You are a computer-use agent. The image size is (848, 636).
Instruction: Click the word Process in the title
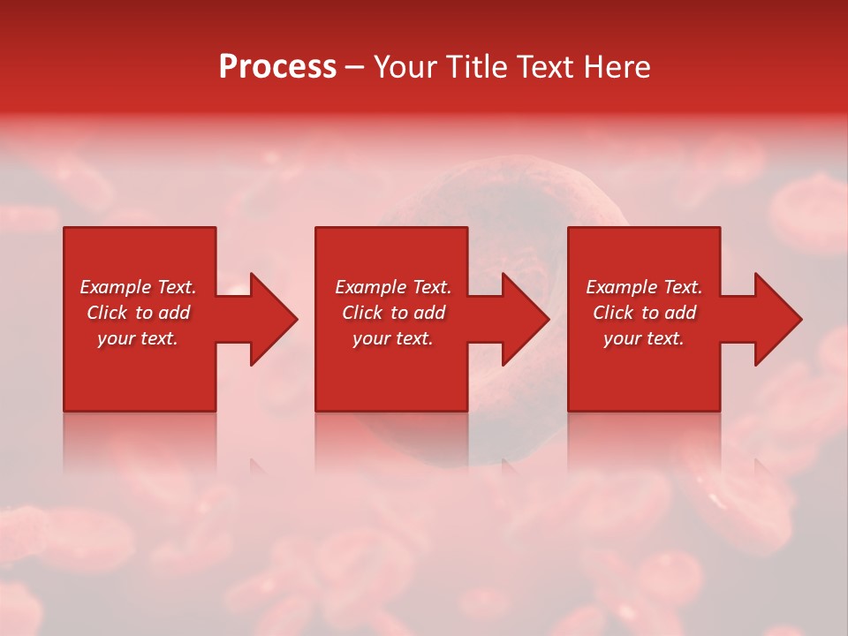click(277, 67)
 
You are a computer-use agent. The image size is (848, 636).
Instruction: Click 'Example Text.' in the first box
click(138, 287)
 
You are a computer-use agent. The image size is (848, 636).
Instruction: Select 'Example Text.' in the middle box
click(392, 287)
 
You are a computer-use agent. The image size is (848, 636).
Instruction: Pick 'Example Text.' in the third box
click(644, 287)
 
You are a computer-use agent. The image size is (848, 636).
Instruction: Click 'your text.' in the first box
click(138, 338)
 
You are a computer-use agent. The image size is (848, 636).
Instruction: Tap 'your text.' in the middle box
click(392, 338)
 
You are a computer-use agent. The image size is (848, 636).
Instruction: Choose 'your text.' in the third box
click(644, 338)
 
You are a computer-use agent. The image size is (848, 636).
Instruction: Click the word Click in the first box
click(107, 313)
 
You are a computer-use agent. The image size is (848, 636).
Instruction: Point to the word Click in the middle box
click(362, 313)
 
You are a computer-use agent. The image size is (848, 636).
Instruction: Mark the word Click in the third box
click(613, 313)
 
